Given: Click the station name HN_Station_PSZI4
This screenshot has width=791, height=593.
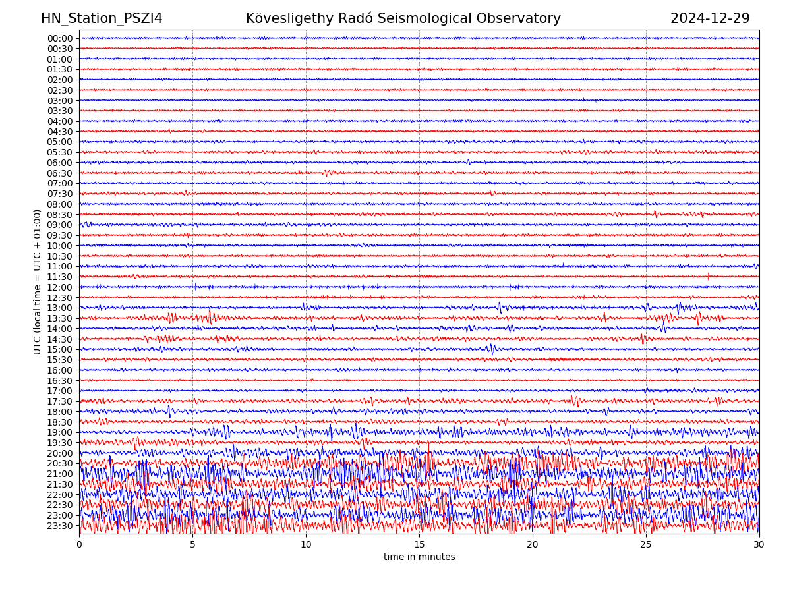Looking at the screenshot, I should point(102,18).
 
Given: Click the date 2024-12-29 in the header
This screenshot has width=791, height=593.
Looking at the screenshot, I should point(710,18).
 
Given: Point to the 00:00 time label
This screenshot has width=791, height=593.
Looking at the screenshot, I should point(60,38).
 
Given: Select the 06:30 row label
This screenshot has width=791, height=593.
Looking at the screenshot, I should point(60,173).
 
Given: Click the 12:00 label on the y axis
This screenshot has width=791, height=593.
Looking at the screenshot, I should point(60,287).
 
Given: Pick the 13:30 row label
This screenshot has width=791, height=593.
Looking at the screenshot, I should point(60,318).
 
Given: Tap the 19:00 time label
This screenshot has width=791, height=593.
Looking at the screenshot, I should point(60,432).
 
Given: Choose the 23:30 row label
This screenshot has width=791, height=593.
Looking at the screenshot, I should point(60,526).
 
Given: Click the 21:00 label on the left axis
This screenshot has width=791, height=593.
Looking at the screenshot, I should point(60,474).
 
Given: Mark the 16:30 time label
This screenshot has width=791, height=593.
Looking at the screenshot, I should point(60,381).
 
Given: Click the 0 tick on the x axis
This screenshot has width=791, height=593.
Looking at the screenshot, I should point(79,545).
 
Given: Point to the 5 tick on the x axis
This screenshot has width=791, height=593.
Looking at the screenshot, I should point(192,545).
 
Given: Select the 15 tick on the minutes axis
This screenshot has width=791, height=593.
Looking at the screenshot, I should point(419,545).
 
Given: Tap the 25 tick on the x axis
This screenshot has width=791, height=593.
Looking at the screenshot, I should point(646,545).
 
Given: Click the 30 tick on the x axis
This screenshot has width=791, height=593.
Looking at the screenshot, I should point(759,545).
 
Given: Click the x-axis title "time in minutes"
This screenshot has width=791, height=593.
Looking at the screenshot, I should point(419,557).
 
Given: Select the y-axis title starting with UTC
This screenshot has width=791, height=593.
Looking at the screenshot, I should point(38,282).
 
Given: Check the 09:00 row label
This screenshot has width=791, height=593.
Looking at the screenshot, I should point(60,225).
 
